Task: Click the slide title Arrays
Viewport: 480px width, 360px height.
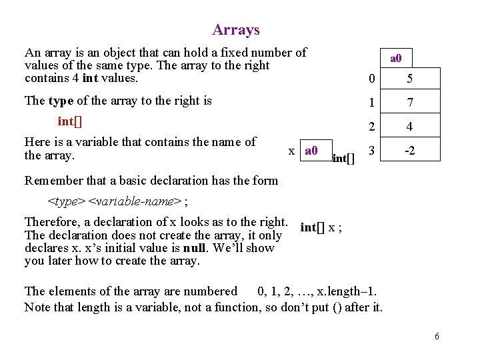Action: point(236,30)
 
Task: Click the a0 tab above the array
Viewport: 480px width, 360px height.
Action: point(395,59)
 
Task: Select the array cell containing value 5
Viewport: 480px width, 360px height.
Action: point(410,79)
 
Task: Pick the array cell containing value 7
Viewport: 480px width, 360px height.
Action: point(410,103)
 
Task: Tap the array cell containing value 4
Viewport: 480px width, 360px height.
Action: point(410,127)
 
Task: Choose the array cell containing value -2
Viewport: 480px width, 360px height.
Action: point(410,151)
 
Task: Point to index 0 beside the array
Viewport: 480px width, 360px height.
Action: point(371,79)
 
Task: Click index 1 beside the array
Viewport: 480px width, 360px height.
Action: point(371,103)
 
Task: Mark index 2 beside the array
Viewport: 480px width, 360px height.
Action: point(371,127)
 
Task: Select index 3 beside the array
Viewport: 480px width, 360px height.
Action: point(371,150)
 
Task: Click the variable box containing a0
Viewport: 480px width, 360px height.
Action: point(311,151)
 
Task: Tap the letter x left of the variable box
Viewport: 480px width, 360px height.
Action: point(291,151)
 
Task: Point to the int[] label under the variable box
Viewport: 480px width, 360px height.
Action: point(343,159)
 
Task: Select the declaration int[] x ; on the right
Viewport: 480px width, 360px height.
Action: point(321,227)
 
